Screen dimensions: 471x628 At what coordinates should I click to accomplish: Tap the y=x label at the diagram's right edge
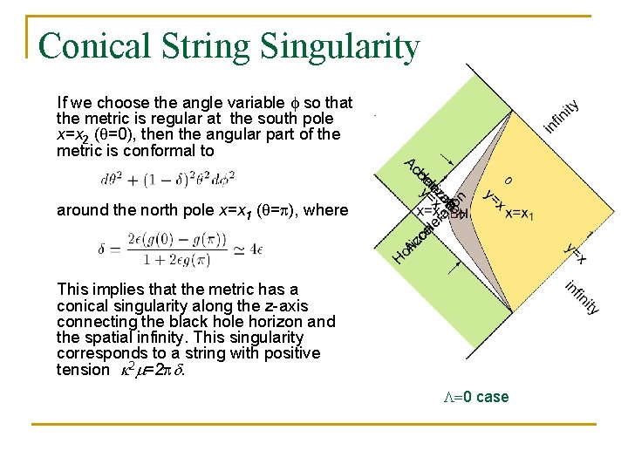[x=575, y=253]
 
